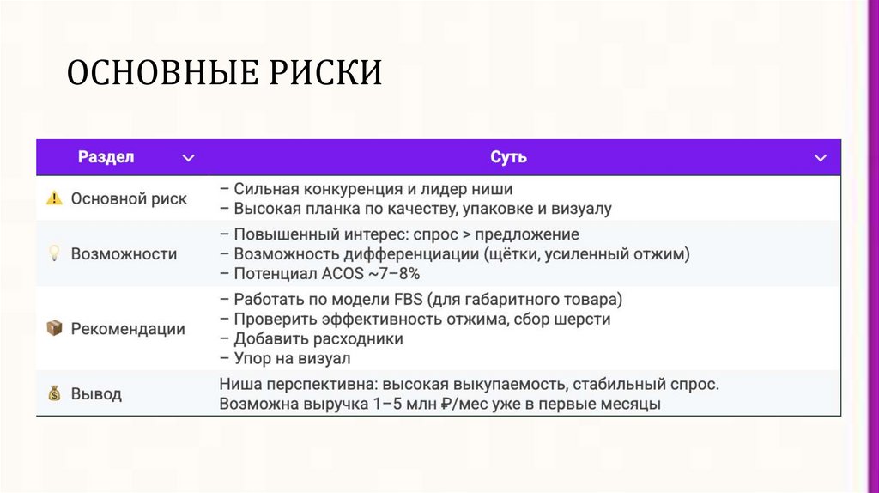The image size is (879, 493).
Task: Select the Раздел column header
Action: pos(106,157)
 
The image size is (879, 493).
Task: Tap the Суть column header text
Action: pos(508,157)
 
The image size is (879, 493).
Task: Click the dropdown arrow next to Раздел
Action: pos(189,158)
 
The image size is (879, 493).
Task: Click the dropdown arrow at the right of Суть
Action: pos(821,158)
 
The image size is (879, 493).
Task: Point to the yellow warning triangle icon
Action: pos(54,198)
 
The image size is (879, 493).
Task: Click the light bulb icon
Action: pos(54,253)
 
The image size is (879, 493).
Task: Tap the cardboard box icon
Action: pos(54,328)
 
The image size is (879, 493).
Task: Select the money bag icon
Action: pos(54,394)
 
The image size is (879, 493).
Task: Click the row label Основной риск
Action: pos(129,198)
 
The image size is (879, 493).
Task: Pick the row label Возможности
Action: pos(124,253)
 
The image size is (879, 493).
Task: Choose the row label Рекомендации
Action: pos(128,328)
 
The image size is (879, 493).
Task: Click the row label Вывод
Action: pos(96,394)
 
